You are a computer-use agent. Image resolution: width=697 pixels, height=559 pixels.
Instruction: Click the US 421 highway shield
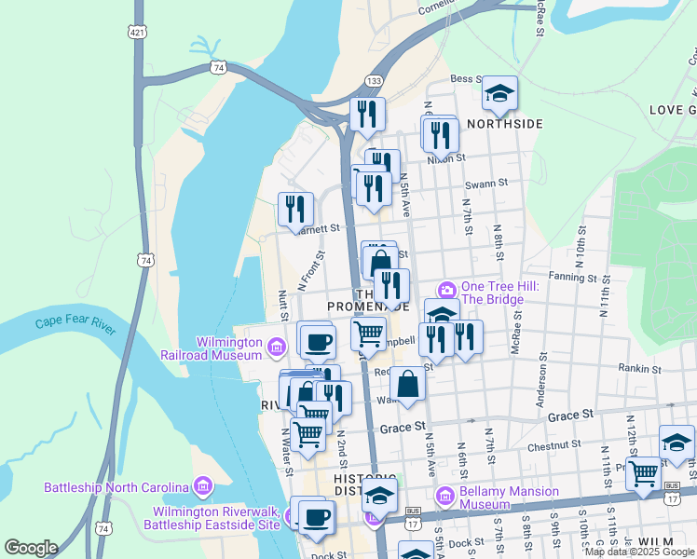click(x=138, y=33)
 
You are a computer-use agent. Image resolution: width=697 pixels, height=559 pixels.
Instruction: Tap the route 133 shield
click(x=373, y=82)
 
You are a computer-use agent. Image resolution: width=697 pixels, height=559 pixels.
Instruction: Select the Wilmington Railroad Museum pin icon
click(x=276, y=348)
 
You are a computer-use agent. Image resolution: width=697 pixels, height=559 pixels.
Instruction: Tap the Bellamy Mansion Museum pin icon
click(x=445, y=497)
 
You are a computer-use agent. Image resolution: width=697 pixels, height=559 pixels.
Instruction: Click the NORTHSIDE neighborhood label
click(x=504, y=123)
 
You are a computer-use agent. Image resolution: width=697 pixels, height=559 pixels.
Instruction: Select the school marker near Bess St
click(x=499, y=93)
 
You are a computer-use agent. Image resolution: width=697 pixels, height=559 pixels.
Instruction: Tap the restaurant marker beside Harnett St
click(x=295, y=209)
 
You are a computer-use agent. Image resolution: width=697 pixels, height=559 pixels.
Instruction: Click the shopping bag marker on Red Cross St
click(x=407, y=383)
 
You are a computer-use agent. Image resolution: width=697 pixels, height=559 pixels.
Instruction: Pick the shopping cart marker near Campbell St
click(x=369, y=332)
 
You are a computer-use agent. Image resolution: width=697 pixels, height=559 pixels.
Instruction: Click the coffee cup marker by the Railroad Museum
click(x=319, y=340)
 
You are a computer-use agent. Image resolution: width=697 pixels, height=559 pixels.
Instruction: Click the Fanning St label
click(x=572, y=278)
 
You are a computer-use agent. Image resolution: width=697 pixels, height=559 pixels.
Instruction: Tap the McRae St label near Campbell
click(x=515, y=332)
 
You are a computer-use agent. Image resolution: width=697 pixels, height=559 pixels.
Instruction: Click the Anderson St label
click(x=540, y=385)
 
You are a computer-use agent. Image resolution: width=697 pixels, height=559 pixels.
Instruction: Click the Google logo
click(x=31, y=549)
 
